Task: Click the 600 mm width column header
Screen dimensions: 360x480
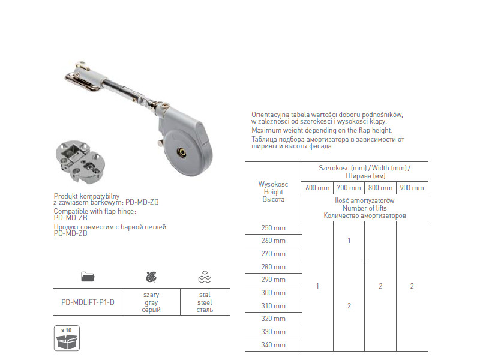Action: [317, 188]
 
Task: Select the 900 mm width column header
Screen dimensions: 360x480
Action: [412, 188]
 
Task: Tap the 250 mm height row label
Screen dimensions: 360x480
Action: [274, 228]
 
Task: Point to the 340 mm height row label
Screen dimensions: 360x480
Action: [274, 345]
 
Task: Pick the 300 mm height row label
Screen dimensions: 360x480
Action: [274, 293]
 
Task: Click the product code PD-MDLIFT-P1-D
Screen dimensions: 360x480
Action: [88, 302]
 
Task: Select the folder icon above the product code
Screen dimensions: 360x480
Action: [88, 277]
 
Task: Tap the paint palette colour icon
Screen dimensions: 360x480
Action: [151, 277]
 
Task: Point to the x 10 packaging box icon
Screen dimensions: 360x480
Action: [67, 338]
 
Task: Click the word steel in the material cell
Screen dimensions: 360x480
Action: [205, 302]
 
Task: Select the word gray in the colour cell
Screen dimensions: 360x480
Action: [151, 302]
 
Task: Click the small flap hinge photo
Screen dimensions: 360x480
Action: [80, 162]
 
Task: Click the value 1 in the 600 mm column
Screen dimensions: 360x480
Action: [317, 286]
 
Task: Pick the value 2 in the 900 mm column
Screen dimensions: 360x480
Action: [412, 286]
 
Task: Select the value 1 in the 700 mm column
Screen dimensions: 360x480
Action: [349, 241]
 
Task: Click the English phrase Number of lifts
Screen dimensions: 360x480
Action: [365, 208]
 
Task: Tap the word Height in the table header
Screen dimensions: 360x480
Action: [274, 192]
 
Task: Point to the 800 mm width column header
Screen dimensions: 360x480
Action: [380, 188]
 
